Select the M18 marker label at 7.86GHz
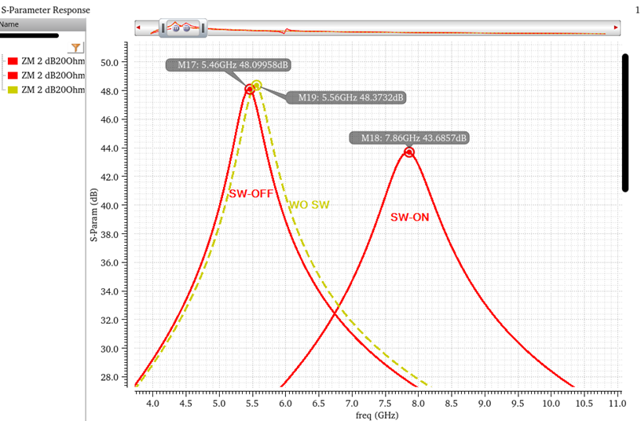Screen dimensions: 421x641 409,137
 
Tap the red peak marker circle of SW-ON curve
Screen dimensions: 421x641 409,152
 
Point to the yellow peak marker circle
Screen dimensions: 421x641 256,86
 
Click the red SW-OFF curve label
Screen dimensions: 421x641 251,193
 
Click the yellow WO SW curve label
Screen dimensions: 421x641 310,205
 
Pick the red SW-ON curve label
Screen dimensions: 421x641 410,217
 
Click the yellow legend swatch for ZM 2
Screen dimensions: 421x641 12,90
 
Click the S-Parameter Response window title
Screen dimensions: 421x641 45,9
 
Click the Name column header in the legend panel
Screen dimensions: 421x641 9,24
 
